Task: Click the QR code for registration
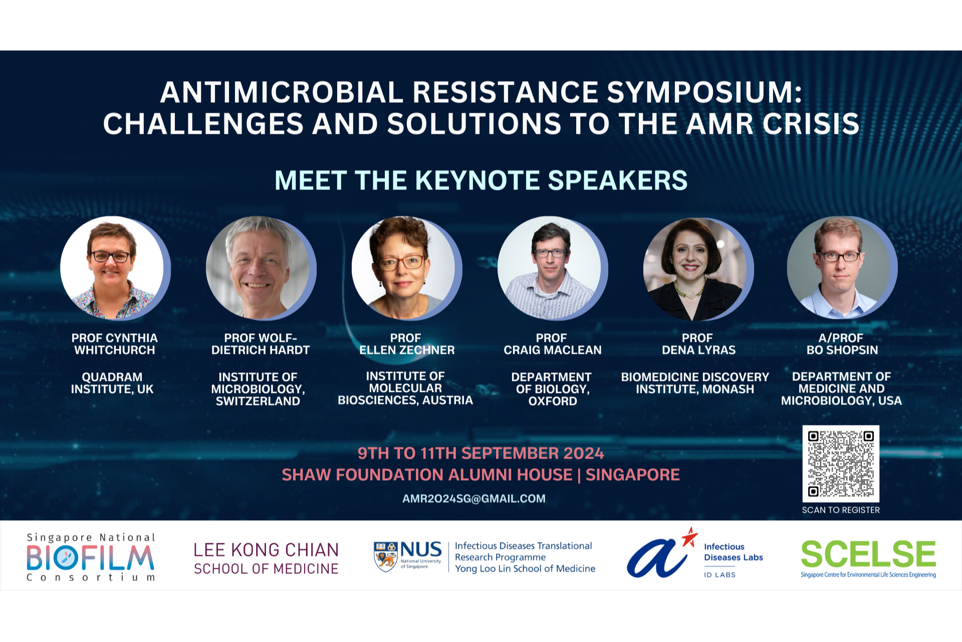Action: tap(841, 464)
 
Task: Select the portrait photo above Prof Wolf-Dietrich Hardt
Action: tap(258, 268)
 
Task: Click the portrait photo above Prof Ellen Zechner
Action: tap(404, 268)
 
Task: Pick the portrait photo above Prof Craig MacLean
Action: tap(550, 268)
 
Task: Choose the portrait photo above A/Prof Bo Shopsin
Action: tap(839, 268)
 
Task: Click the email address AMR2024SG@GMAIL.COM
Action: tap(473, 499)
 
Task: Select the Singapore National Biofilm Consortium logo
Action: tap(91, 557)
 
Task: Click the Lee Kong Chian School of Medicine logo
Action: tap(266, 558)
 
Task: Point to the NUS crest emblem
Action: tap(386, 556)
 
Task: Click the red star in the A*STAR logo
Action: tap(690, 538)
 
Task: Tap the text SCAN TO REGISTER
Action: tap(841, 510)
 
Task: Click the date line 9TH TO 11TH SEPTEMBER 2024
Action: tap(480, 453)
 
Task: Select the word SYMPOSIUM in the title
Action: tap(705, 93)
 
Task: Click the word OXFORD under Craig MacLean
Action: tap(553, 401)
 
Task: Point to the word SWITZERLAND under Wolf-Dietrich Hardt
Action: tap(258, 401)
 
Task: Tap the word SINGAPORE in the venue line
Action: tap(633, 475)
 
